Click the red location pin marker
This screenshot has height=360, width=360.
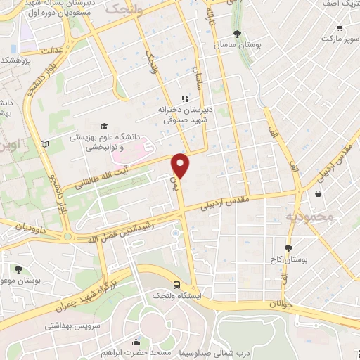point(181,165)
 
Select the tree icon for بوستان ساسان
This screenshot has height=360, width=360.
point(237,33)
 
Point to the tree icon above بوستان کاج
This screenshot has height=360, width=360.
point(288,248)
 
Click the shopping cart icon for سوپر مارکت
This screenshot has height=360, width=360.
point(340,29)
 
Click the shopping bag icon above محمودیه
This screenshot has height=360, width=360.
point(319,193)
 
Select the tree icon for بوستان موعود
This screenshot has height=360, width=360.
point(18,268)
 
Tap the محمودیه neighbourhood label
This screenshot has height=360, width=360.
point(310,216)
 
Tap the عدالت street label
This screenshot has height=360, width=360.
point(53,51)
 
